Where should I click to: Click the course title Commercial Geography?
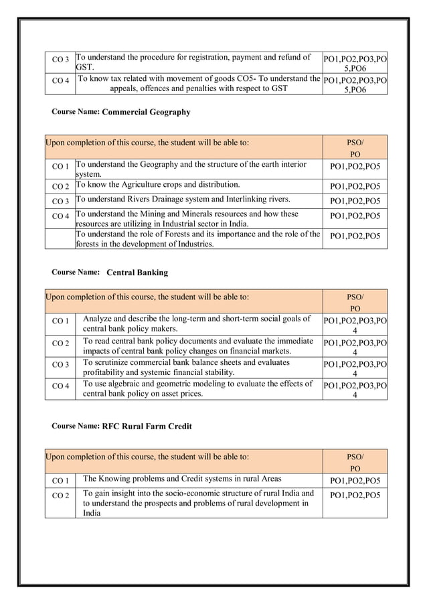pos(146,112)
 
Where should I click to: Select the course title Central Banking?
pos(137,273)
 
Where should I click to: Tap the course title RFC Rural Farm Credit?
pos(147,426)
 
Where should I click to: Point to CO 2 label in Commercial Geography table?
pos(60,186)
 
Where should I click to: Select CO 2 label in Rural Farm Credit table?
pos(60,495)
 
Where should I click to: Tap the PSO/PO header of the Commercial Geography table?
pos(355,149)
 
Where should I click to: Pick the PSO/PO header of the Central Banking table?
pos(355,302)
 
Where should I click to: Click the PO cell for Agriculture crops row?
pos(355,186)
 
